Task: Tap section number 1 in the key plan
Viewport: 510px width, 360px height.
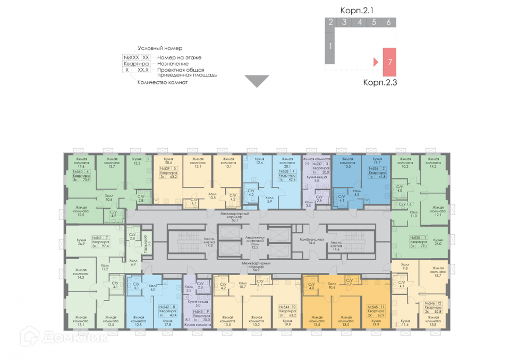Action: pos(330,46)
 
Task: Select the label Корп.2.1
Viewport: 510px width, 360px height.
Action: pos(358,10)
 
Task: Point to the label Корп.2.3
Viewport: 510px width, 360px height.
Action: pos(380,82)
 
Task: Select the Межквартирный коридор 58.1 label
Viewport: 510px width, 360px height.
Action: pos(232,216)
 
